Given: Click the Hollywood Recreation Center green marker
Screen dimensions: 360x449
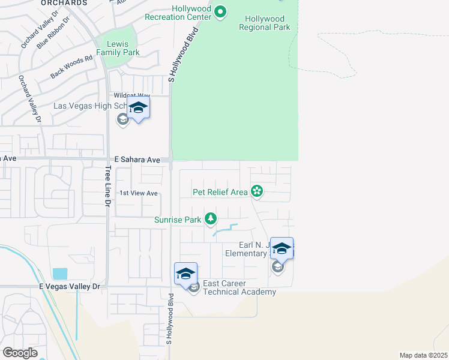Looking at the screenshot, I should click(221, 11).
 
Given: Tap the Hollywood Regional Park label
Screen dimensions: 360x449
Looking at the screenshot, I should click(264, 23).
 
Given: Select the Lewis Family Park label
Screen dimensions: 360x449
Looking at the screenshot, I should click(122, 48).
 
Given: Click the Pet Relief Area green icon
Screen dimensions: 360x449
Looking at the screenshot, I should click(257, 192).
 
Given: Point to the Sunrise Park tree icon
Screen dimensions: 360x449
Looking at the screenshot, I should click(210, 219).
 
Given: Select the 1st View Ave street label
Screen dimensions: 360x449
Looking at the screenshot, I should click(138, 193).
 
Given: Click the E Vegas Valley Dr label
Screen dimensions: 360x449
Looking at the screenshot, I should click(69, 287).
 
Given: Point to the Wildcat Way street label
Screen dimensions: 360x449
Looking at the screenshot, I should click(132, 95).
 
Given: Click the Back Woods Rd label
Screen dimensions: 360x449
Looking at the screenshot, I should click(72, 66).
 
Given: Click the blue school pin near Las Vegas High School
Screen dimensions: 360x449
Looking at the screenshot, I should click(138, 109).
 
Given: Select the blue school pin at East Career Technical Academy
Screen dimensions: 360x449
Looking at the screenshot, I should click(186, 274).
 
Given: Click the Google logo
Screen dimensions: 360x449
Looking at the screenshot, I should click(19, 353).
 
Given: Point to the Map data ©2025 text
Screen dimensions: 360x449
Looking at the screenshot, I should click(423, 355).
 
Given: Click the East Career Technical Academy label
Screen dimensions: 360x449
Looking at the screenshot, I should click(240, 287).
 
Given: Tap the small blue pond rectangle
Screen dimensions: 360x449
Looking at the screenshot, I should click(60, 274).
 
